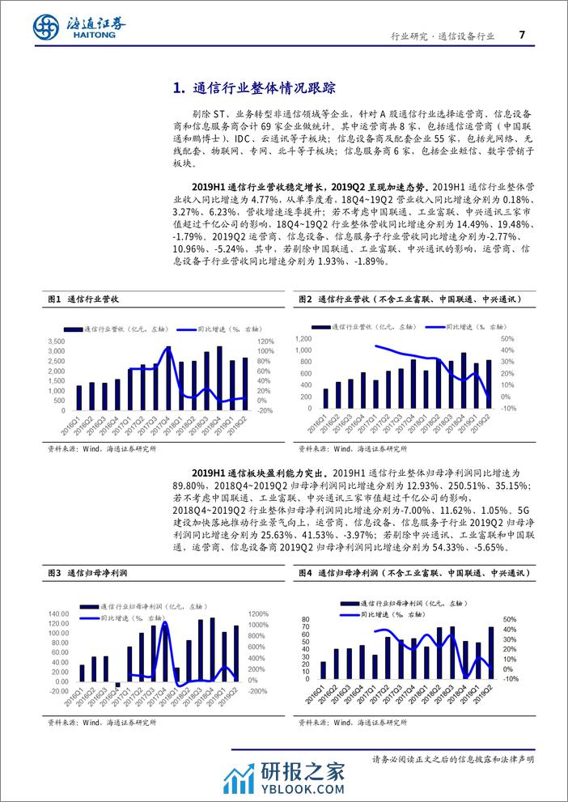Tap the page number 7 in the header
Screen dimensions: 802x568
[521, 35]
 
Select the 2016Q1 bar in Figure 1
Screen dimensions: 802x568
[79, 397]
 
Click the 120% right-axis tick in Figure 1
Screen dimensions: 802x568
[266, 342]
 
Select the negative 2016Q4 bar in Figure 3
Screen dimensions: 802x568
[118, 685]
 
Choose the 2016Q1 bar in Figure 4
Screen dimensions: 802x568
[324, 669]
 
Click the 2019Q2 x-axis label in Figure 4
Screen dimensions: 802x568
[485, 694]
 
